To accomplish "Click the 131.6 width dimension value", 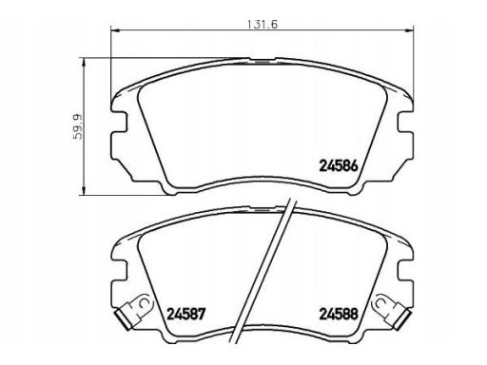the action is coord(263,25).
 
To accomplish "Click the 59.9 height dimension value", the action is coord(77,126).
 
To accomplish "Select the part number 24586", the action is coord(339,165).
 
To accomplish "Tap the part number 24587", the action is coord(186,314).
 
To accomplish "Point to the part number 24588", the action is coord(339,314).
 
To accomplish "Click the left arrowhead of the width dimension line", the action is coord(114,30).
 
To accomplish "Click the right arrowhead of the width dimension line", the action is coord(410,30).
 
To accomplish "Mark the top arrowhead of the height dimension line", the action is coord(84,62).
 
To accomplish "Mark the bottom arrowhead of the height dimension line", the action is coord(84,191).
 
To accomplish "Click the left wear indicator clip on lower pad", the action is coord(134,311).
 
